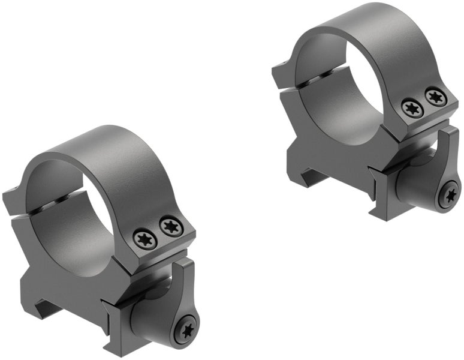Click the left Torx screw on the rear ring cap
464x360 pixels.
click(x=412, y=108)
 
